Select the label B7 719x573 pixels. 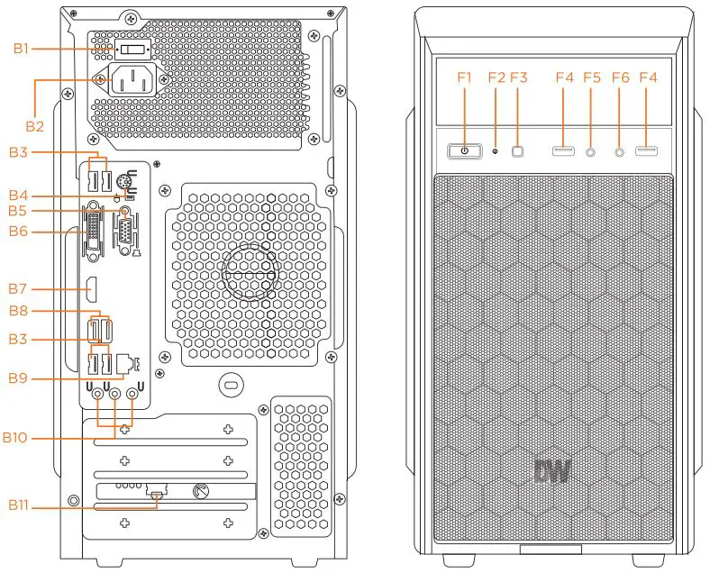(20, 289)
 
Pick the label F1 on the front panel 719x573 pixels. (464, 77)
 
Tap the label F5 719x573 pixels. (591, 77)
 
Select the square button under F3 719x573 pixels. (518, 150)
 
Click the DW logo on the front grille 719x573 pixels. (552, 472)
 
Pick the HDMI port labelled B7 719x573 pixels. (92, 289)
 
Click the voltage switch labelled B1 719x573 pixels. (133, 50)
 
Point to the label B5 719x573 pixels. (20, 211)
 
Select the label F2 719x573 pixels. (496, 77)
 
